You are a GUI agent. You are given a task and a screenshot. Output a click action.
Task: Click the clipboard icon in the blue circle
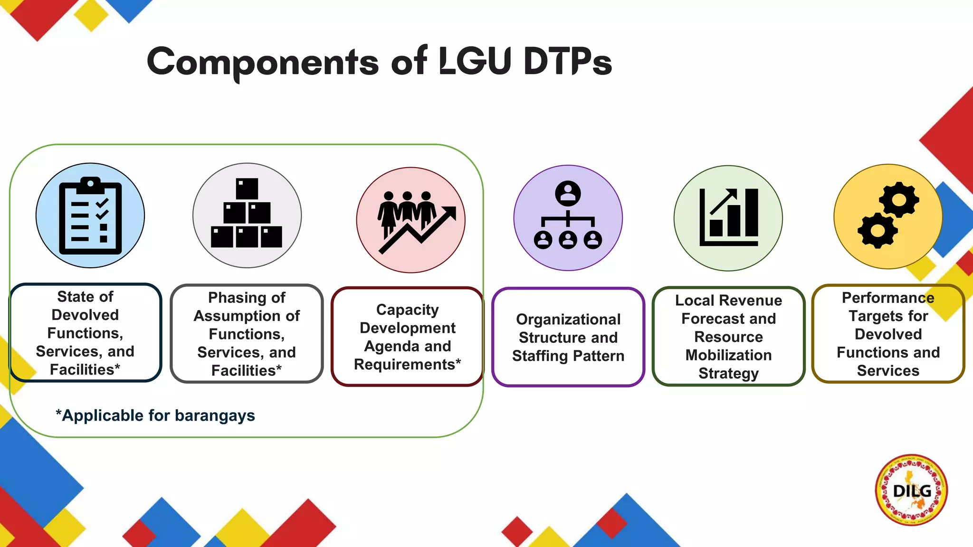coord(90,216)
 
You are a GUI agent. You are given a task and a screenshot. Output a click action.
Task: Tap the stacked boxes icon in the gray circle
coord(247,214)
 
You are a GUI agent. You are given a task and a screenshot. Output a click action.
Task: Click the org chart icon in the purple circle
coord(568,216)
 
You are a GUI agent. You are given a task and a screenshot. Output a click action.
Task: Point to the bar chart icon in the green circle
coord(728,217)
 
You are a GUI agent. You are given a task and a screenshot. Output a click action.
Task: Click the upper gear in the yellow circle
coord(898,199)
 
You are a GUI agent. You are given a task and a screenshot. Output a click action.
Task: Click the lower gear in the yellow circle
coord(877,231)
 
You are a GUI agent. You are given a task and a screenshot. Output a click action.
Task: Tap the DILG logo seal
coord(911,490)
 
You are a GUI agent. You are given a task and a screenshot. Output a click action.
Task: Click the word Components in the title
coord(262,62)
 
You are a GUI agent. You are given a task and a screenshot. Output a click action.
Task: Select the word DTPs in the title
coord(567,62)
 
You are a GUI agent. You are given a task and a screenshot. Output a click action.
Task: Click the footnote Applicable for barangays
coord(155,415)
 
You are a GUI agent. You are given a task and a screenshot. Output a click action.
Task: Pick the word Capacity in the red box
coord(407,310)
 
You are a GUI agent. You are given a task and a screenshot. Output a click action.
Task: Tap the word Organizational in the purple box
coord(568,320)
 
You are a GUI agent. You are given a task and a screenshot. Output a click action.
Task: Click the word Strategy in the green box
coord(728,373)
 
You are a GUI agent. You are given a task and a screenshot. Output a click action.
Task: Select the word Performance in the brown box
coord(887,298)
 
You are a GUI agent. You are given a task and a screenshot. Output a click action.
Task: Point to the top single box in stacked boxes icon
coord(247,189)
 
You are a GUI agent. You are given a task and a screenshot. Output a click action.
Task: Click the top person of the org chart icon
coord(568,193)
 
